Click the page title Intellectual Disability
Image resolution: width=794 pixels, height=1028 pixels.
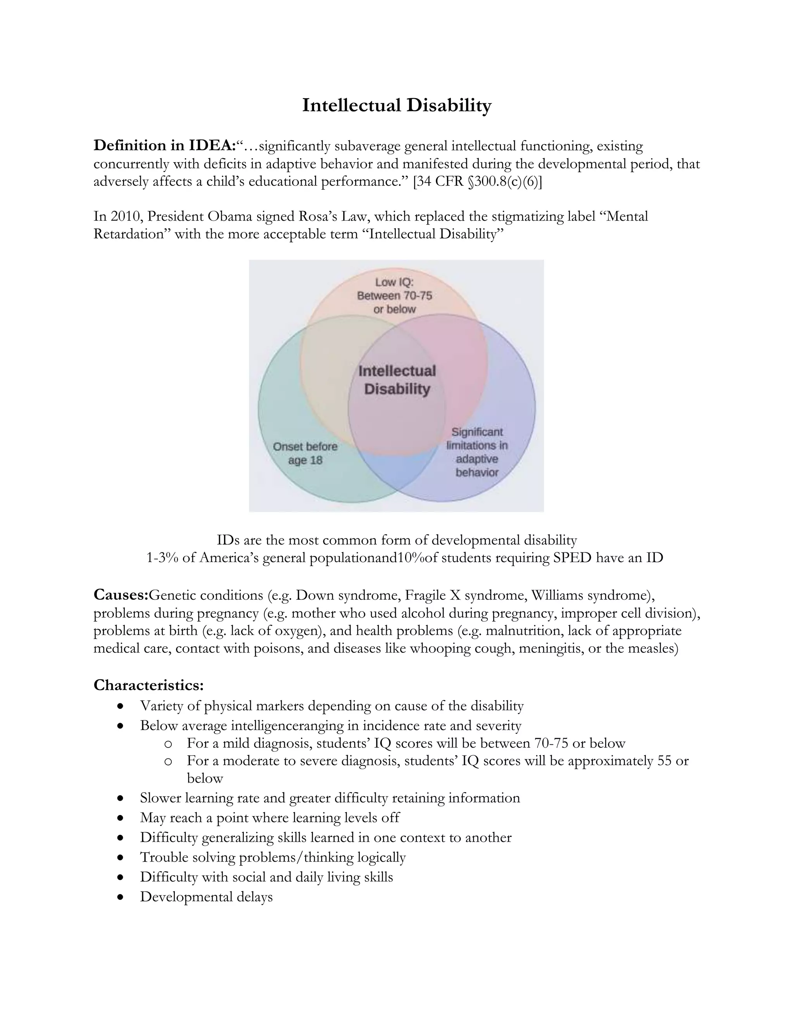coord(397,105)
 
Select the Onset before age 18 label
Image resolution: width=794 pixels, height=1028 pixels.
coord(305,453)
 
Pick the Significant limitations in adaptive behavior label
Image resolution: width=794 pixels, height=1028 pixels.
coord(477,452)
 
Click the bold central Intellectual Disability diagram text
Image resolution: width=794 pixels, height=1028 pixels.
coord(397,380)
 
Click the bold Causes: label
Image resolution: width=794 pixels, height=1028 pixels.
coord(121,595)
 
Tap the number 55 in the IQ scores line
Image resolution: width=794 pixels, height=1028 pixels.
coord(664,761)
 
